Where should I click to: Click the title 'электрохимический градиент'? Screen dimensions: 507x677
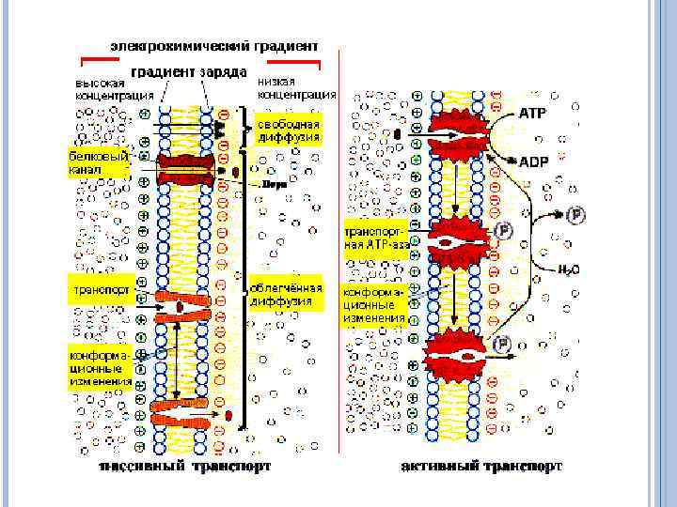click(213, 45)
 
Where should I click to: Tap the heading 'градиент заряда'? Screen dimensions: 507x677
click(188, 72)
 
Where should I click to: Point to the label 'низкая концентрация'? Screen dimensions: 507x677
click(296, 88)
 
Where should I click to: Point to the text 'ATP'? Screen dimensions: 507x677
click(532, 112)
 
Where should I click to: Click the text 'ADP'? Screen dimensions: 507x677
click(533, 161)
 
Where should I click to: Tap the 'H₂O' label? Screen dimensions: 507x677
click(569, 269)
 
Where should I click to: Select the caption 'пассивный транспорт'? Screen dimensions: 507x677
click(186, 466)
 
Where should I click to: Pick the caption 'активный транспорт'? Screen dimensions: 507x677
click(481, 466)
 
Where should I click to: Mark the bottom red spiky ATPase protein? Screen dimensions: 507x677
click(455, 354)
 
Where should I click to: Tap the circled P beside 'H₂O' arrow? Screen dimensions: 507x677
click(576, 215)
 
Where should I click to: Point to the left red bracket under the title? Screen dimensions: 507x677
click(100, 62)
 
